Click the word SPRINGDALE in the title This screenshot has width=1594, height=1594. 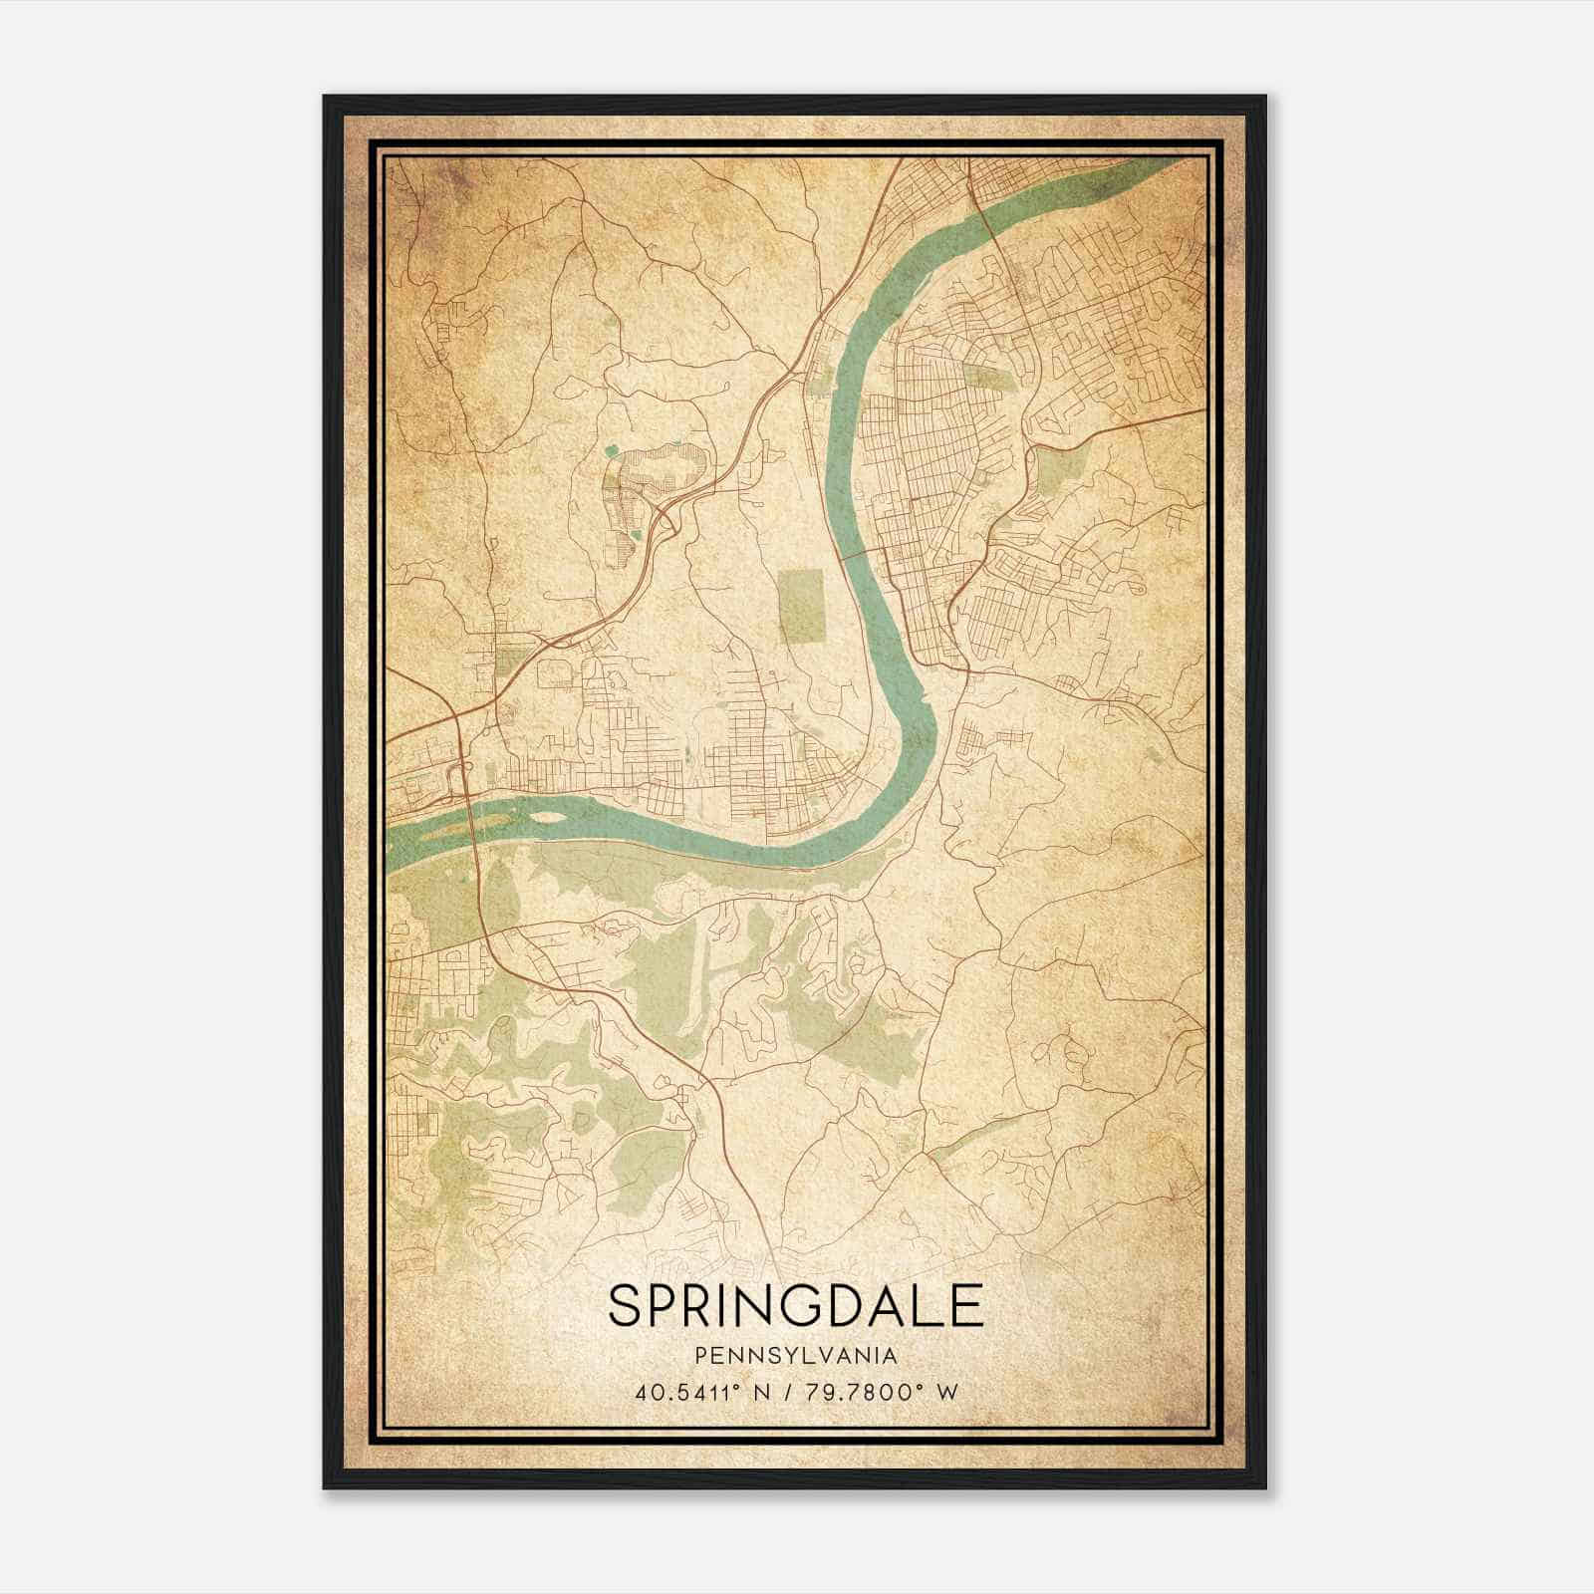click(x=796, y=1305)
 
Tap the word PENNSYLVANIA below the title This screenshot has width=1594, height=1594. click(x=796, y=1356)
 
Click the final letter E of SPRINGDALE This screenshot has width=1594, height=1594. click(x=967, y=1305)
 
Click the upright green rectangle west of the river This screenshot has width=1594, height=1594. click(x=803, y=605)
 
